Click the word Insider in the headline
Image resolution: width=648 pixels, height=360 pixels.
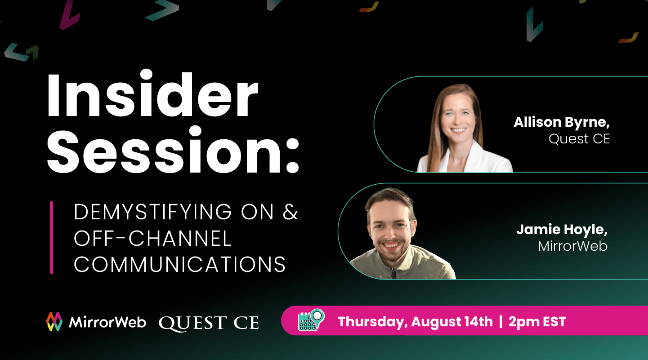[x=152, y=93]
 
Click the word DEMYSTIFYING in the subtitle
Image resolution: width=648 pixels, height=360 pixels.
[x=153, y=212]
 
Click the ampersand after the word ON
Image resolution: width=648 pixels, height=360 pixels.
[x=290, y=212]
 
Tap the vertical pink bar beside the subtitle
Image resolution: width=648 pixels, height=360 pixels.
[x=52, y=237]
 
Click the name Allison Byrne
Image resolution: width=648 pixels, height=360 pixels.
[x=562, y=123]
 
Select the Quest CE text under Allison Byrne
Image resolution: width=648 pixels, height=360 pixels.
[x=579, y=139]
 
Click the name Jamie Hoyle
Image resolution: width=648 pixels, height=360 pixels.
[x=562, y=230]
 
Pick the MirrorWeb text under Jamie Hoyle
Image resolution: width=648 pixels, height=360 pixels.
[x=573, y=246]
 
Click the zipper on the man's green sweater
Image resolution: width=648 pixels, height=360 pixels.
[x=393, y=273]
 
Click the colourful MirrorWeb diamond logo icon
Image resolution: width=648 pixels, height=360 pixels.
[x=54, y=321]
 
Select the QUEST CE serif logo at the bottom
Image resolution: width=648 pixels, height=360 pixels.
[x=209, y=323]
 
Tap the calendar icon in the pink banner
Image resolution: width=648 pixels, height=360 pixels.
[x=311, y=320]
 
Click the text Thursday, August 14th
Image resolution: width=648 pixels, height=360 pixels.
[x=416, y=322]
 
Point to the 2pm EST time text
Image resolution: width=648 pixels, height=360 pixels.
[x=537, y=322]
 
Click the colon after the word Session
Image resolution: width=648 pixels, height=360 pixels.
[x=293, y=156]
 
